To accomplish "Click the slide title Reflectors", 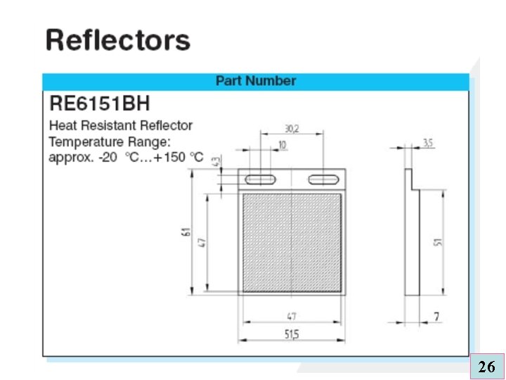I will coord(117,40).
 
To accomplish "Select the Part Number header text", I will coord(256,81).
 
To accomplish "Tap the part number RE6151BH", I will coord(99,105).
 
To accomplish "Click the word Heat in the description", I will coord(63,125).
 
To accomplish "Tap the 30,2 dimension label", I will coord(292,129).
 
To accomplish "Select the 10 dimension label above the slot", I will coord(282,144).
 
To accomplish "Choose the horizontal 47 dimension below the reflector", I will coord(291,316).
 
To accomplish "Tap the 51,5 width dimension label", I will coord(292,335).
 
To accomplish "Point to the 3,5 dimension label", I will coord(428,143).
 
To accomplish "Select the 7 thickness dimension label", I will coord(437,317).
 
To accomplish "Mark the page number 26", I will coord(486,366).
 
